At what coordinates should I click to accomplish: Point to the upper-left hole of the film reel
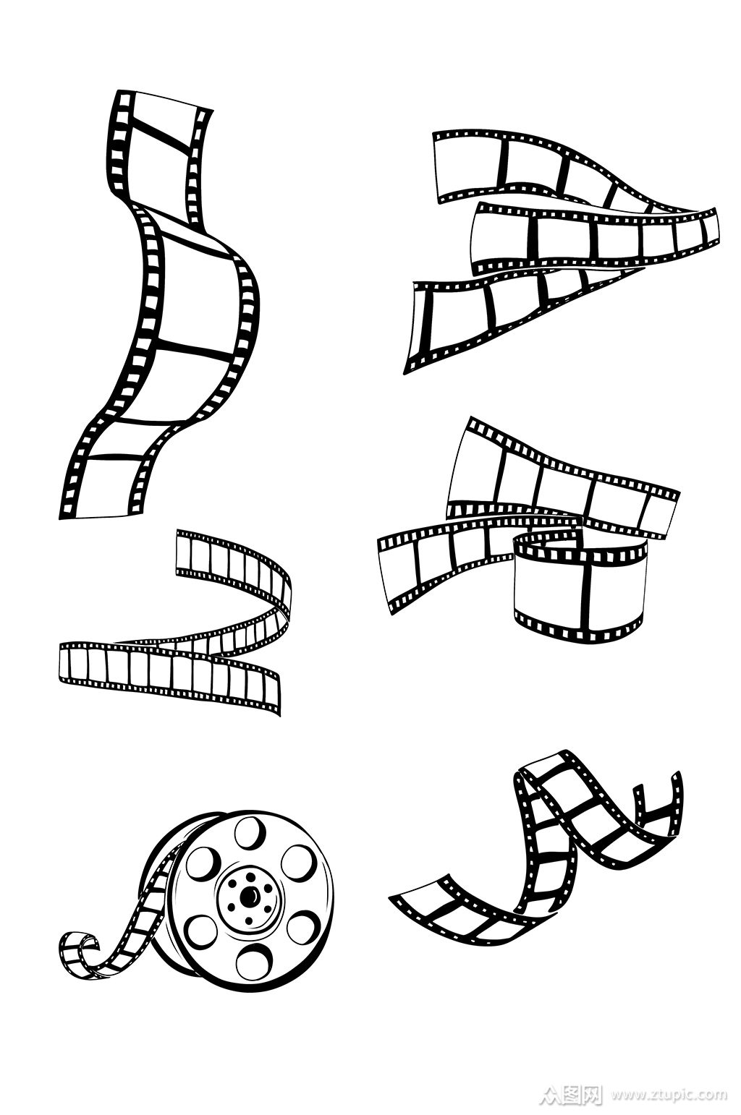click(x=200, y=863)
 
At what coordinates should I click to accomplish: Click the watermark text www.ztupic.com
click(x=669, y=1094)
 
